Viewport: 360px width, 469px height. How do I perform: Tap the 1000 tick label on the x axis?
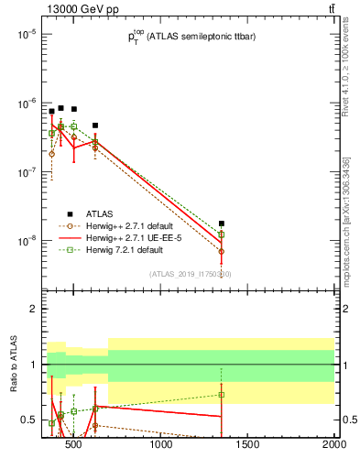pyautogui.click(x=162, y=446)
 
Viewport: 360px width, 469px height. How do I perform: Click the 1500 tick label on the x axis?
pyautogui.click(x=247, y=446)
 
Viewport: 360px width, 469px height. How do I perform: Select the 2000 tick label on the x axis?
pyautogui.click(x=333, y=446)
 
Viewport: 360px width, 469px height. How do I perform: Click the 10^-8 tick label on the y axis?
pyautogui.click(x=25, y=241)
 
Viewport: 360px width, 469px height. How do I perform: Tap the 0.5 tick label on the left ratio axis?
pyautogui.click(x=28, y=420)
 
